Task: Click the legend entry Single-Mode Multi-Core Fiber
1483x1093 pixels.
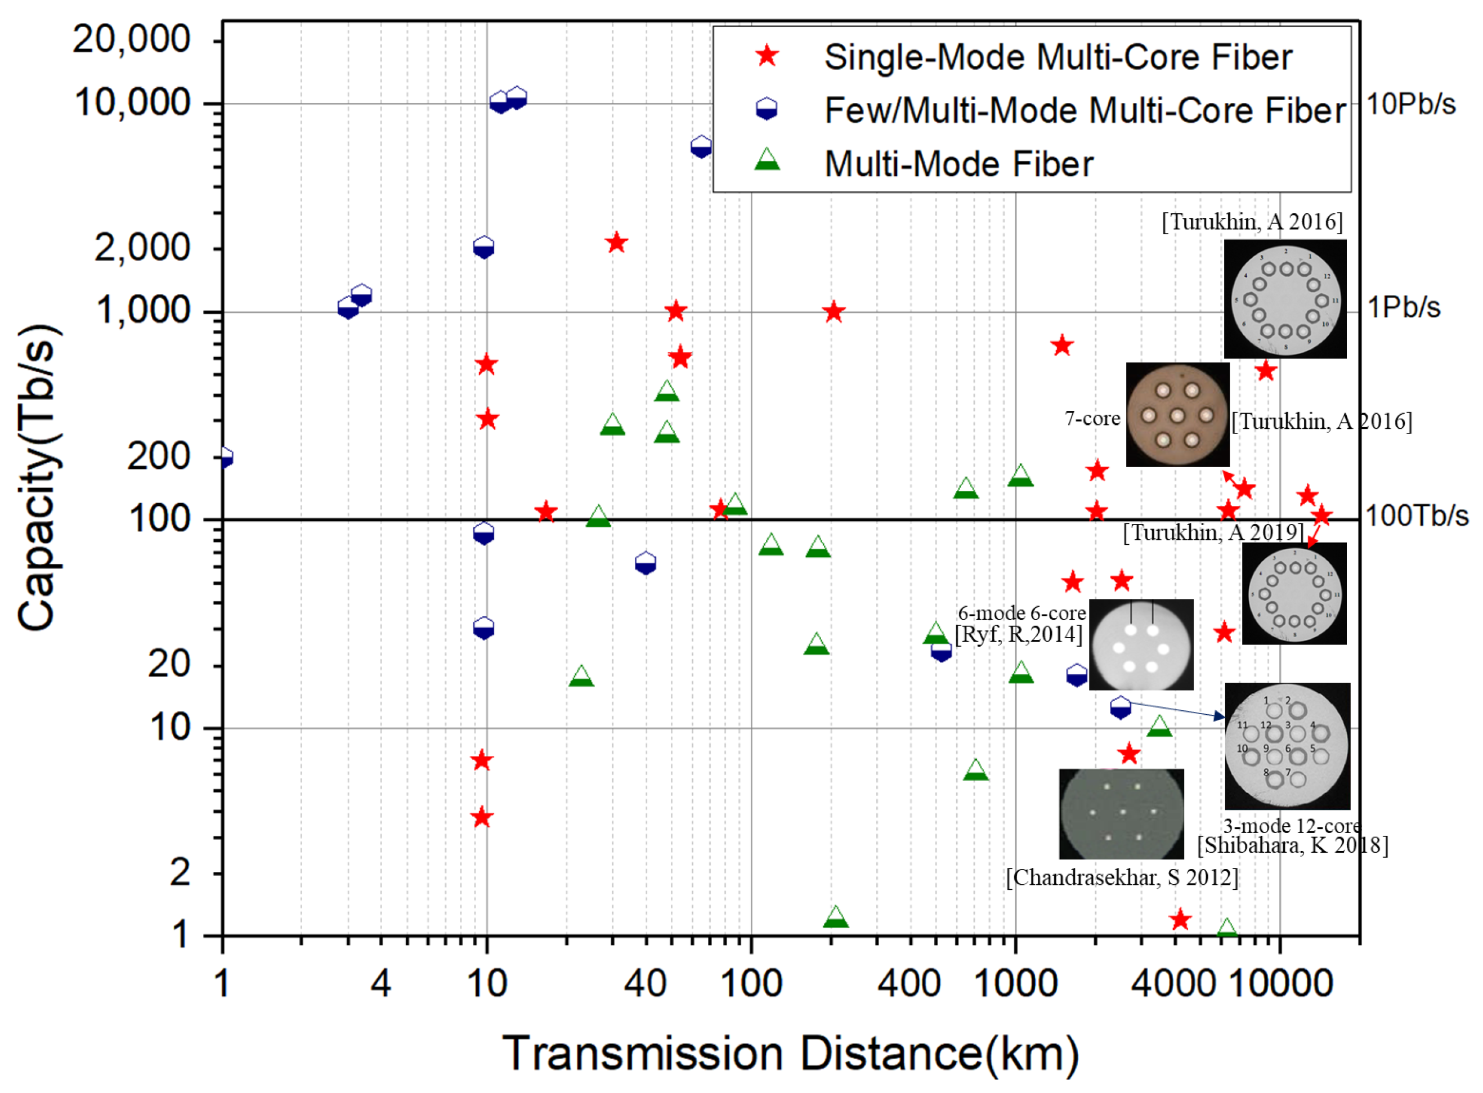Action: [x=1057, y=57]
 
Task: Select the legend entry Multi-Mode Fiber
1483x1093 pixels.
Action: [x=958, y=164]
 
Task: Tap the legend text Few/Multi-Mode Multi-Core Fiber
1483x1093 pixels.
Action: [x=1085, y=110]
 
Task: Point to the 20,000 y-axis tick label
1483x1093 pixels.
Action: [x=132, y=40]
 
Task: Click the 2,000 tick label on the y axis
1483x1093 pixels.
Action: [x=142, y=249]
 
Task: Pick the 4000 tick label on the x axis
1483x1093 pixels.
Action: [x=1172, y=984]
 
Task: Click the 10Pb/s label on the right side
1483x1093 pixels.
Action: [x=1410, y=105]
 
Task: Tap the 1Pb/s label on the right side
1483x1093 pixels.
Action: [x=1403, y=308]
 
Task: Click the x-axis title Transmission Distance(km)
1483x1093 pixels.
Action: [x=790, y=1052]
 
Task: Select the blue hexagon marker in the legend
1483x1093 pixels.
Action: [x=766, y=109]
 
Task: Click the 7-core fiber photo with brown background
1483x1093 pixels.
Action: [x=1177, y=415]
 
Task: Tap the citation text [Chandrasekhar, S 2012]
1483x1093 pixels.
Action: [x=1122, y=878]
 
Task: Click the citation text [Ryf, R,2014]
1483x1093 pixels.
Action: [x=1019, y=634]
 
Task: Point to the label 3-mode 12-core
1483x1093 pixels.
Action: [x=1291, y=826]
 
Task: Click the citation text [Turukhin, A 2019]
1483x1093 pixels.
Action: [x=1213, y=532]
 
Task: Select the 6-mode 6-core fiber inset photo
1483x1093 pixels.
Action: [x=1140, y=644]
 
